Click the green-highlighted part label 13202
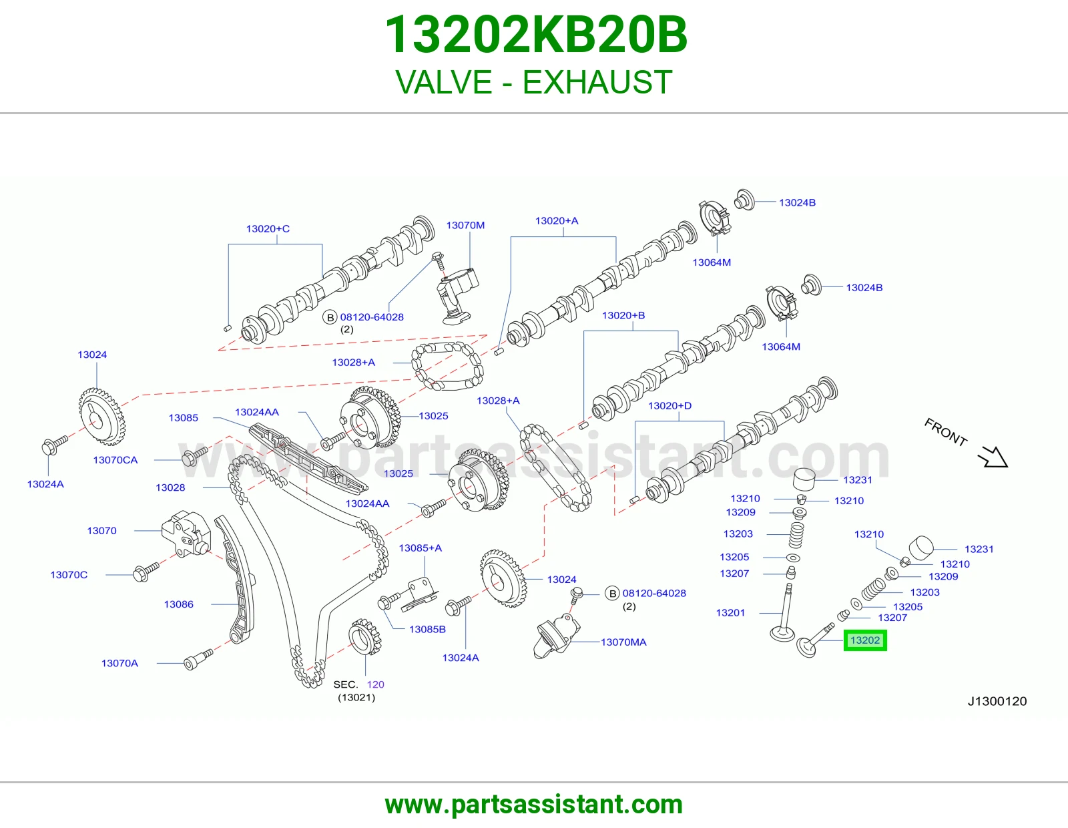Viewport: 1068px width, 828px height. [865, 640]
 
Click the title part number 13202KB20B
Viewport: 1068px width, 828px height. [535, 35]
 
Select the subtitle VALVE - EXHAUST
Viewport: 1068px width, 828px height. [534, 82]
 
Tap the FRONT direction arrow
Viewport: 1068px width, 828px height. [993, 457]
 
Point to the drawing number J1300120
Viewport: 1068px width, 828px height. [997, 701]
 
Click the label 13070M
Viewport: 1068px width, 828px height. [465, 225]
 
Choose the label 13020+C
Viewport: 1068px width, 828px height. [268, 228]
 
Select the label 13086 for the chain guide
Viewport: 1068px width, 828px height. [178, 604]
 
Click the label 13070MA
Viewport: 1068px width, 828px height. [623, 642]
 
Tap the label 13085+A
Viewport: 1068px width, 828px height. [421, 548]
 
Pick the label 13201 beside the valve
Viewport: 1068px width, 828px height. [730, 612]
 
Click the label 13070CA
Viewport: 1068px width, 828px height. [115, 459]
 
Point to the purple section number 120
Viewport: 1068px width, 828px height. [376, 684]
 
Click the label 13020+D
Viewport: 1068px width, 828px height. [670, 405]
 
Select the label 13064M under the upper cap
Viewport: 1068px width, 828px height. [712, 262]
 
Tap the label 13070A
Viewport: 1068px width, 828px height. [120, 663]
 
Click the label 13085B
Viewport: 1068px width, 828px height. [428, 630]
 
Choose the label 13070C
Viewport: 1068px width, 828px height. [69, 575]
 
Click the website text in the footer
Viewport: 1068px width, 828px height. [534, 805]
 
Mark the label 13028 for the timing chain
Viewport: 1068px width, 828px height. [170, 487]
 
